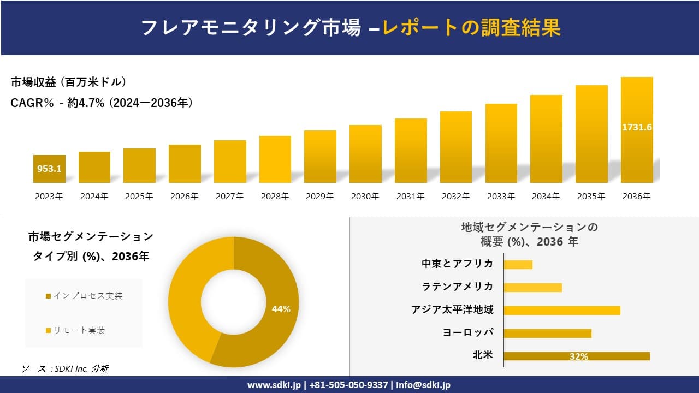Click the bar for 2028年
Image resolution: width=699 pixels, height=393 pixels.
click(275, 159)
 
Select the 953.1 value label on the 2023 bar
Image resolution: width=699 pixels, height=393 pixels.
click(49, 169)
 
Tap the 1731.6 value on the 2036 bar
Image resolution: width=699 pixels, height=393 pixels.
click(637, 127)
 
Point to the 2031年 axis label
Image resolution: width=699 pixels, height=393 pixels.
click(410, 196)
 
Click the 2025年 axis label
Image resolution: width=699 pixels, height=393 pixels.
click(139, 196)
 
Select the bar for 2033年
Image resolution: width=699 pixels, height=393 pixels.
click(501, 143)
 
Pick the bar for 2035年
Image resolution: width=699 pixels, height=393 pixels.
click(591, 134)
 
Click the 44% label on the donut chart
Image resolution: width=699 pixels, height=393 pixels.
click(281, 309)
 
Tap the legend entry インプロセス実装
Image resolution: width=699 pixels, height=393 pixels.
click(84, 296)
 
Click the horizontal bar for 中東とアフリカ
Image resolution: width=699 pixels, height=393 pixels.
click(518, 265)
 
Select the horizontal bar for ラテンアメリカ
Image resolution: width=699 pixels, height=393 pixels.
click(532, 288)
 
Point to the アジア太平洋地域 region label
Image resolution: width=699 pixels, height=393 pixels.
click(452, 310)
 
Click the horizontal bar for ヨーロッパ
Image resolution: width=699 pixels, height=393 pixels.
click(547, 333)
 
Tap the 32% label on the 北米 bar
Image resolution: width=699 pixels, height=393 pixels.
click(578, 356)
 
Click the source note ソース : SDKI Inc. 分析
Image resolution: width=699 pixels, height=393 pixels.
click(65, 369)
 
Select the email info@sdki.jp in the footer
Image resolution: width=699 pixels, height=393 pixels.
click(424, 385)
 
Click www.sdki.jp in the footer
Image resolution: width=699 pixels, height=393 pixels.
click(275, 385)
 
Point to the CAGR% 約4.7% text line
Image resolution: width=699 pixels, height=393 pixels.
click(102, 103)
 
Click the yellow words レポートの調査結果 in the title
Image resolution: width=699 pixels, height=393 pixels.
click(471, 28)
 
